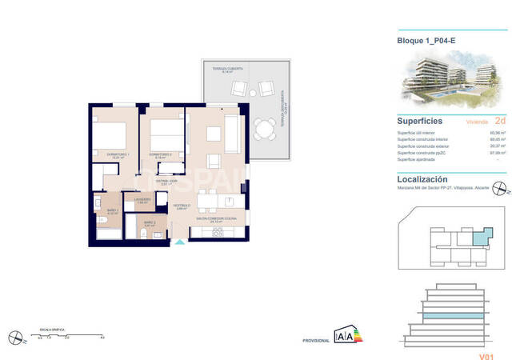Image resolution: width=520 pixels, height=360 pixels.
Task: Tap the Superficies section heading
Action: [x=422, y=121]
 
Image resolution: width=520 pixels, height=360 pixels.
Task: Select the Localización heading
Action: [x=422, y=179]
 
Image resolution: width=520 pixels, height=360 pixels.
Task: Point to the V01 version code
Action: [x=486, y=346]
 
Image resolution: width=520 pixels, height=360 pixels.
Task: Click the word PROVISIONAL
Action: [x=316, y=341]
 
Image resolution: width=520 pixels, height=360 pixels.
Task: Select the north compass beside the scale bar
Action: [x=14, y=336]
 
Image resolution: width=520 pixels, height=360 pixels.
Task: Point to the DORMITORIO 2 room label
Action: [x=161, y=154]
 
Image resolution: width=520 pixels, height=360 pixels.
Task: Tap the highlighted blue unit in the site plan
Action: [x=480, y=236]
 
